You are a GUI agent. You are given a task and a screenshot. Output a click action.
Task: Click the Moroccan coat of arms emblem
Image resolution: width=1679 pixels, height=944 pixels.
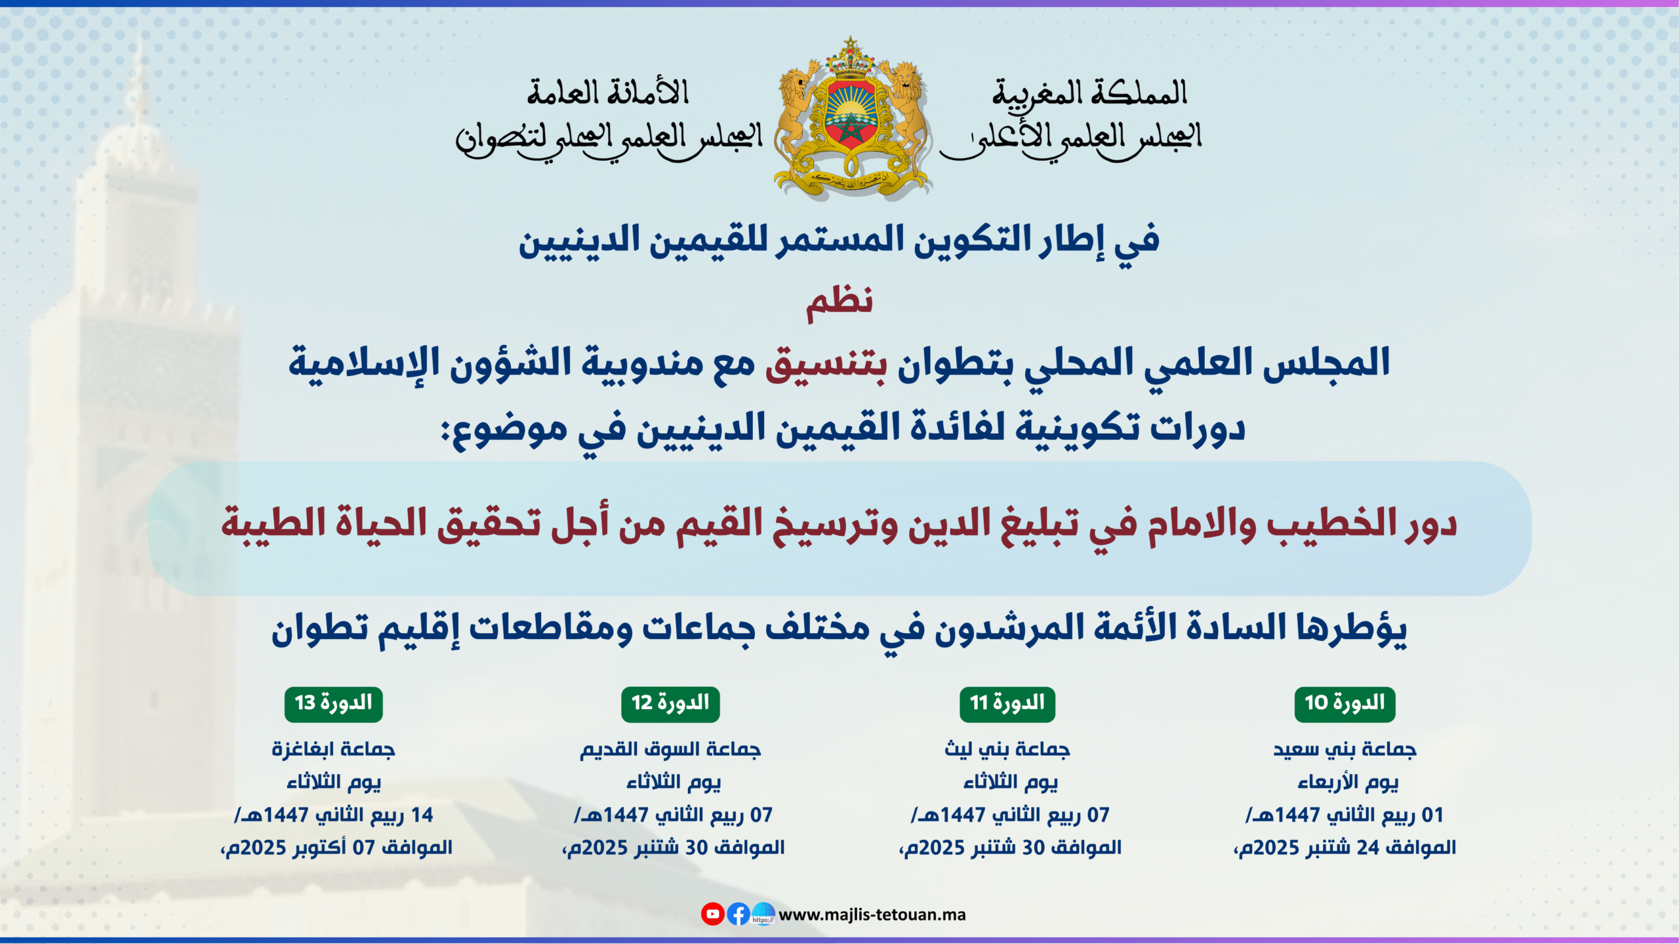coord(851,118)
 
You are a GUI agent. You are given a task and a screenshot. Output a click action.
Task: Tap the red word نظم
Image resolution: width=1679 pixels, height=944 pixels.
coord(839,303)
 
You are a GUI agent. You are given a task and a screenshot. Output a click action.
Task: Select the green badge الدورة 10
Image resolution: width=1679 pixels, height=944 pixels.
coord(1345,704)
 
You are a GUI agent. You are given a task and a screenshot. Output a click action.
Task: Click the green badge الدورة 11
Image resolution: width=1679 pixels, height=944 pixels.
coord(1007,704)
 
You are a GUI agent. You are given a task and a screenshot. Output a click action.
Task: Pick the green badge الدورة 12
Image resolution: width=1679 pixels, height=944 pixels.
coord(670,704)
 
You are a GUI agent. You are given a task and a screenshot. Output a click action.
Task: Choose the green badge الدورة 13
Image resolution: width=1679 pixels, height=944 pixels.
coord(333,704)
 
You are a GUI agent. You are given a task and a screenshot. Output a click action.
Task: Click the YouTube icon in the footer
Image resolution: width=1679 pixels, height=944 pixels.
coord(712,914)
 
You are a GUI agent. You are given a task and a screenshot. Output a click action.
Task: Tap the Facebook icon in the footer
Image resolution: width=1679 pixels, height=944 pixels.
coord(738,914)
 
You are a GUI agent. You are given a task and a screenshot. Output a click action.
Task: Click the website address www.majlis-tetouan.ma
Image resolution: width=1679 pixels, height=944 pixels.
coord(872,914)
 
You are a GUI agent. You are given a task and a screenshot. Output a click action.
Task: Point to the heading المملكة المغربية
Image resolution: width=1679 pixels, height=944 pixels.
coord(1090,93)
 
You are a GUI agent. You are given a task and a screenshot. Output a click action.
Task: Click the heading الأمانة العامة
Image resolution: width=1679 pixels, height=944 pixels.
coord(608,92)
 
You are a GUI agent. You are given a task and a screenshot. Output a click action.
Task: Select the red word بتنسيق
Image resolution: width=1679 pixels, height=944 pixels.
coord(826,363)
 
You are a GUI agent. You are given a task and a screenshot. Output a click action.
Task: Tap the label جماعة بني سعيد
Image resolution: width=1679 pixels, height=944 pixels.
coord(1345,749)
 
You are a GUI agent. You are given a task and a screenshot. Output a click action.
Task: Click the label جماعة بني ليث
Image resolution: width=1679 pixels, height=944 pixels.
coord(1007,749)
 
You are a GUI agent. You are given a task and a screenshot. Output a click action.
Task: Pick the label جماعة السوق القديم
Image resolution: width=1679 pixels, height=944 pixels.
coord(670,749)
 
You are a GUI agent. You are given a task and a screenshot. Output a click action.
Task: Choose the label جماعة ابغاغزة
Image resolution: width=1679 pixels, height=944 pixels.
coord(333,749)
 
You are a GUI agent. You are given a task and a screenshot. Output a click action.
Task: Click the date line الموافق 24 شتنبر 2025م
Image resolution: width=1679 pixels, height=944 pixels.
coord(1345,848)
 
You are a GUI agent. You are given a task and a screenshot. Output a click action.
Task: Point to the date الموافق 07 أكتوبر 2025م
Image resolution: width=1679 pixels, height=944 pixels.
coord(336,848)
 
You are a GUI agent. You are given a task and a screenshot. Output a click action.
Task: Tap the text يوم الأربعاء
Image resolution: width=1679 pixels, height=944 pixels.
coord(1348,782)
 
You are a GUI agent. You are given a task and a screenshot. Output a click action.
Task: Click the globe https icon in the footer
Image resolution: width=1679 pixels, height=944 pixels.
coord(763,914)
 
